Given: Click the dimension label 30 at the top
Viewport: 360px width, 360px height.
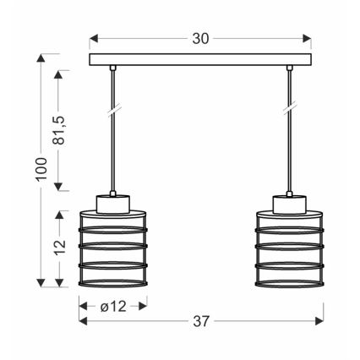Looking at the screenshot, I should point(200,39).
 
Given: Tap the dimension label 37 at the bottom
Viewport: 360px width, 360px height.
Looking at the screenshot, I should point(201,321).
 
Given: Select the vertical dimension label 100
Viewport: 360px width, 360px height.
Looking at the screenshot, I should point(30,171).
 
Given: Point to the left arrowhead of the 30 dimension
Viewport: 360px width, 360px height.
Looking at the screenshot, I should point(93,39).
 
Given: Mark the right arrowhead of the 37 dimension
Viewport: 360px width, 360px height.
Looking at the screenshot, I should point(319,321).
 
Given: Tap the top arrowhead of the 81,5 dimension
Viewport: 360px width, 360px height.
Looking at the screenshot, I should point(59,73).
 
